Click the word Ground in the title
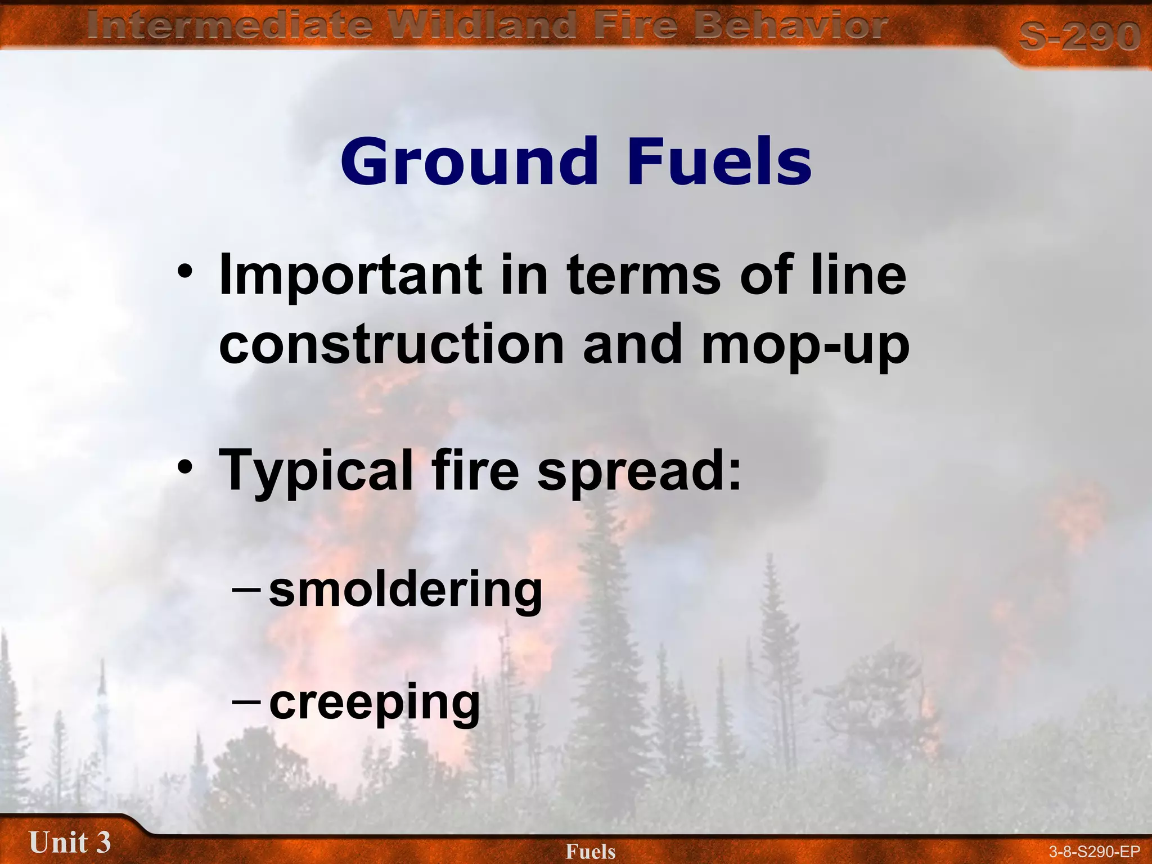tap(469, 162)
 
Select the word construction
tap(391, 344)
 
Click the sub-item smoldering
tap(406, 591)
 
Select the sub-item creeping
tap(375, 703)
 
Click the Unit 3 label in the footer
tap(70, 843)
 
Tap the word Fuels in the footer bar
tap(591, 852)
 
